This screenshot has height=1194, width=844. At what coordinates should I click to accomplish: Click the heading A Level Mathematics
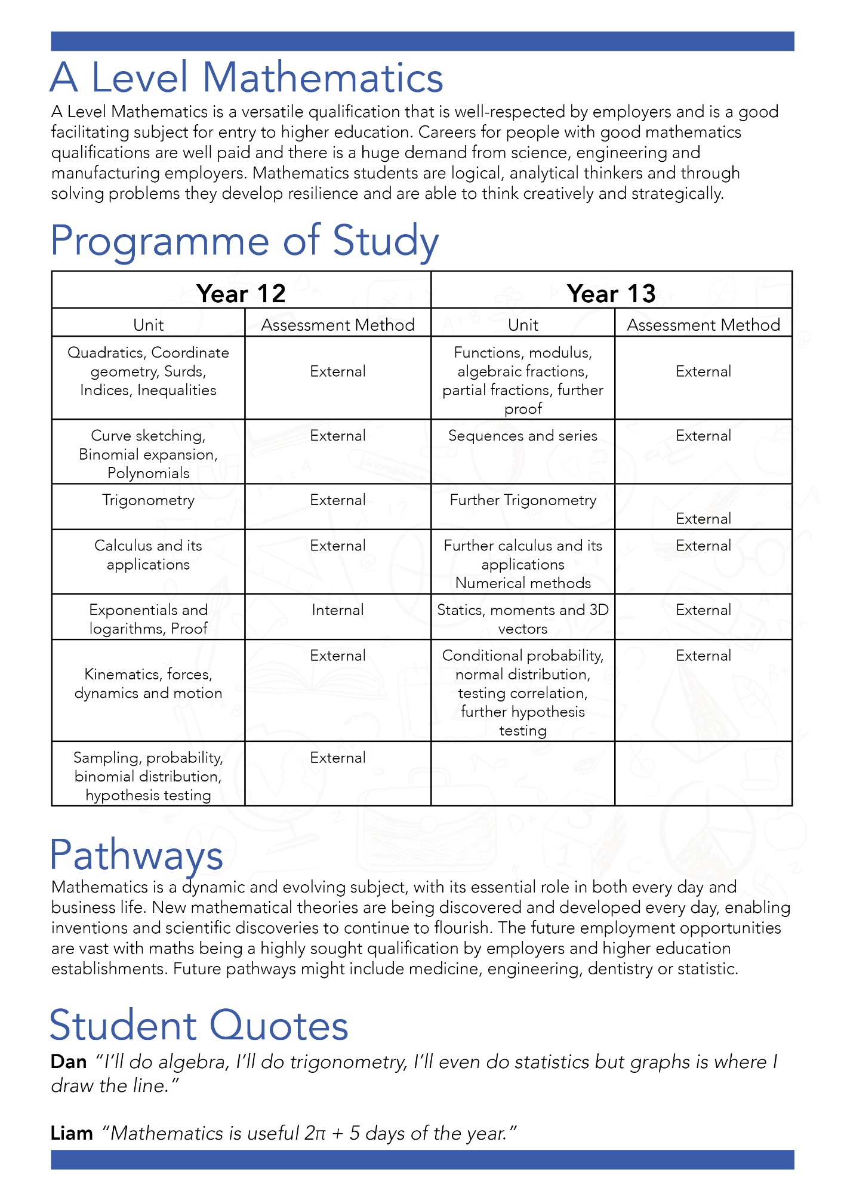click(x=247, y=78)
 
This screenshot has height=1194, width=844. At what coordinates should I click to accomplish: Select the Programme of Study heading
click(x=245, y=241)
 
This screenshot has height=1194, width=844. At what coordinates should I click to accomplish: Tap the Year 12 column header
click(x=241, y=294)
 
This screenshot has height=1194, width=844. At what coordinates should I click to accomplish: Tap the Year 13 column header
click(x=611, y=294)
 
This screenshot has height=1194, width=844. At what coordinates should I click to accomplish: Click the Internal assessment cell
click(x=337, y=610)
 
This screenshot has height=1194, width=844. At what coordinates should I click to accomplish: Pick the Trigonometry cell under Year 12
click(x=148, y=500)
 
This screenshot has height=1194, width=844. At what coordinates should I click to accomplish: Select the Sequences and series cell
click(x=522, y=436)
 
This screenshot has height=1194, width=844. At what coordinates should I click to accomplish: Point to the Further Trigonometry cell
click(x=522, y=500)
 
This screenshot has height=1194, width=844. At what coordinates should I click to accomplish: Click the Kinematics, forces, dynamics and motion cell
click(x=148, y=684)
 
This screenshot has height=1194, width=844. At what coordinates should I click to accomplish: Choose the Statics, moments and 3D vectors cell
click(x=522, y=619)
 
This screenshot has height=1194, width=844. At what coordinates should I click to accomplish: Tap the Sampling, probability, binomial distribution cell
click(x=148, y=776)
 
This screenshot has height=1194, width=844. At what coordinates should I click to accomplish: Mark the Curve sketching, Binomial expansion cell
click(x=148, y=454)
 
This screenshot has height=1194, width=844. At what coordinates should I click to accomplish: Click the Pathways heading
click(x=137, y=856)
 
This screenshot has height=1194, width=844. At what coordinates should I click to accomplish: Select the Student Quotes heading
click(x=199, y=1026)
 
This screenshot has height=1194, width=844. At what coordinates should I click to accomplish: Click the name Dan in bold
click(x=69, y=1062)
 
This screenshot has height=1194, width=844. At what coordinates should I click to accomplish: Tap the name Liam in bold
click(x=72, y=1133)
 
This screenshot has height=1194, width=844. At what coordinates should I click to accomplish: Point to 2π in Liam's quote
click(x=315, y=1133)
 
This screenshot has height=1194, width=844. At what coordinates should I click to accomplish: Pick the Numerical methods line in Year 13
click(x=522, y=583)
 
